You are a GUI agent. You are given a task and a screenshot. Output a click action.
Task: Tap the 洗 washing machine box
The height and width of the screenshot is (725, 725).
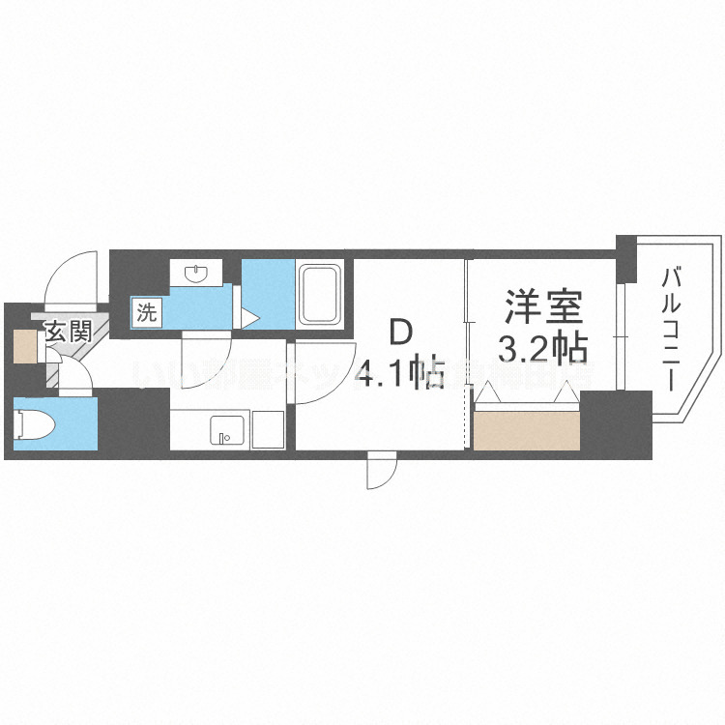147,312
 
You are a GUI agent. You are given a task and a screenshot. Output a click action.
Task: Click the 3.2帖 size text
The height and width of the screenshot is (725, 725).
541,346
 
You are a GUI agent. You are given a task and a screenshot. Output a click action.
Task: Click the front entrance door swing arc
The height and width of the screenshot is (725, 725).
73,275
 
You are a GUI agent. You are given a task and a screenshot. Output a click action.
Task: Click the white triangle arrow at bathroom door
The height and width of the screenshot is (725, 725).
249,317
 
